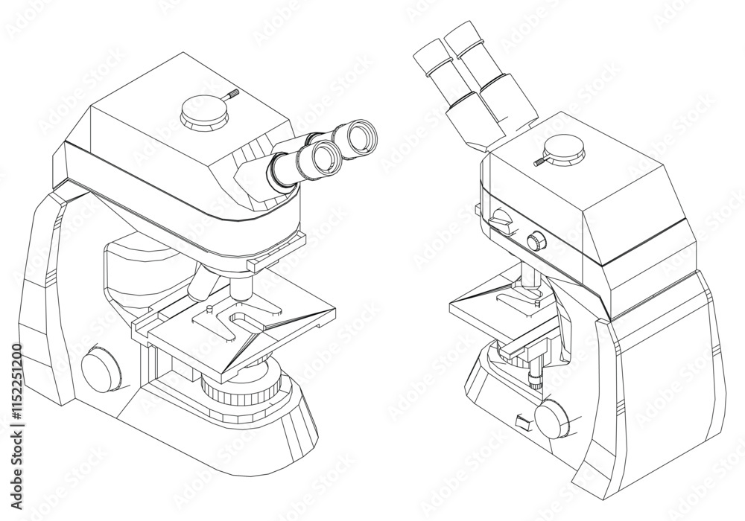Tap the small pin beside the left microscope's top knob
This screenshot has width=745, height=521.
(232, 95)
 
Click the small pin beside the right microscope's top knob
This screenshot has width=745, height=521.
(539, 160)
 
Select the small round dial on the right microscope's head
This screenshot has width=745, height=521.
(535, 241)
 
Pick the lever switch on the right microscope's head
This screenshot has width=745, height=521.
(501, 219)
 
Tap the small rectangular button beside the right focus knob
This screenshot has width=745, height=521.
(523, 423)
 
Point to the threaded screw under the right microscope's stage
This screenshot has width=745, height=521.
(534, 380)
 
